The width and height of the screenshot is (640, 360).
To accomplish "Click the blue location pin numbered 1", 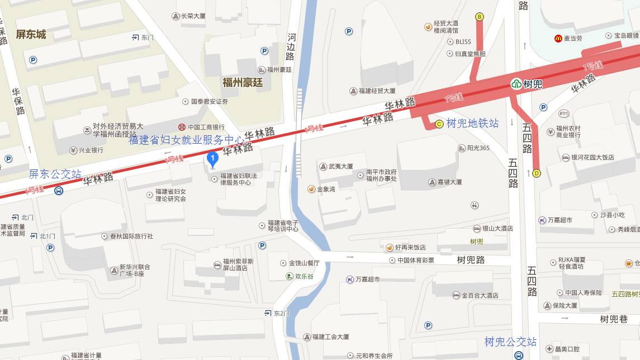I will [212, 159].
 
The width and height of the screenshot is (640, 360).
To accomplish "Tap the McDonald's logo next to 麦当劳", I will [557, 38].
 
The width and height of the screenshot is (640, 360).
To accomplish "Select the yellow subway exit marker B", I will [479, 17].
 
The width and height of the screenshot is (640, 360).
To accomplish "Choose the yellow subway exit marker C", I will [439, 124].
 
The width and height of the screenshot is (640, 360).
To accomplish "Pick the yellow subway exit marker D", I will [537, 173].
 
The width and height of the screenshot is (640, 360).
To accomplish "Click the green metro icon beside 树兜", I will [516, 84].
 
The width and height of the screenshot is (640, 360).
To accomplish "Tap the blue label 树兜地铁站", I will [472, 124].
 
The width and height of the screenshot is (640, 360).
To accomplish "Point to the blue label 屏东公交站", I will [55, 174].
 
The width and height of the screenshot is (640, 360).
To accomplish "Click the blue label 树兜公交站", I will [510, 342].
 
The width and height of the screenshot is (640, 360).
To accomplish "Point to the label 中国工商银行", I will [206, 127].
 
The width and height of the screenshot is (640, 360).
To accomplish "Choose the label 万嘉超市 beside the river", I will [367, 279].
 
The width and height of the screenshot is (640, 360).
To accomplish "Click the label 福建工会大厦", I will [330, 337].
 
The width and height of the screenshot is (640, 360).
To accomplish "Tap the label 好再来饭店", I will [410, 247].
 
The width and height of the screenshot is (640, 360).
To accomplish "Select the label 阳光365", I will [477, 148].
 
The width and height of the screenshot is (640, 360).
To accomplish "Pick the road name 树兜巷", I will [614, 319].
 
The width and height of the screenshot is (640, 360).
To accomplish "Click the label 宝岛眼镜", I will [626, 35].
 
